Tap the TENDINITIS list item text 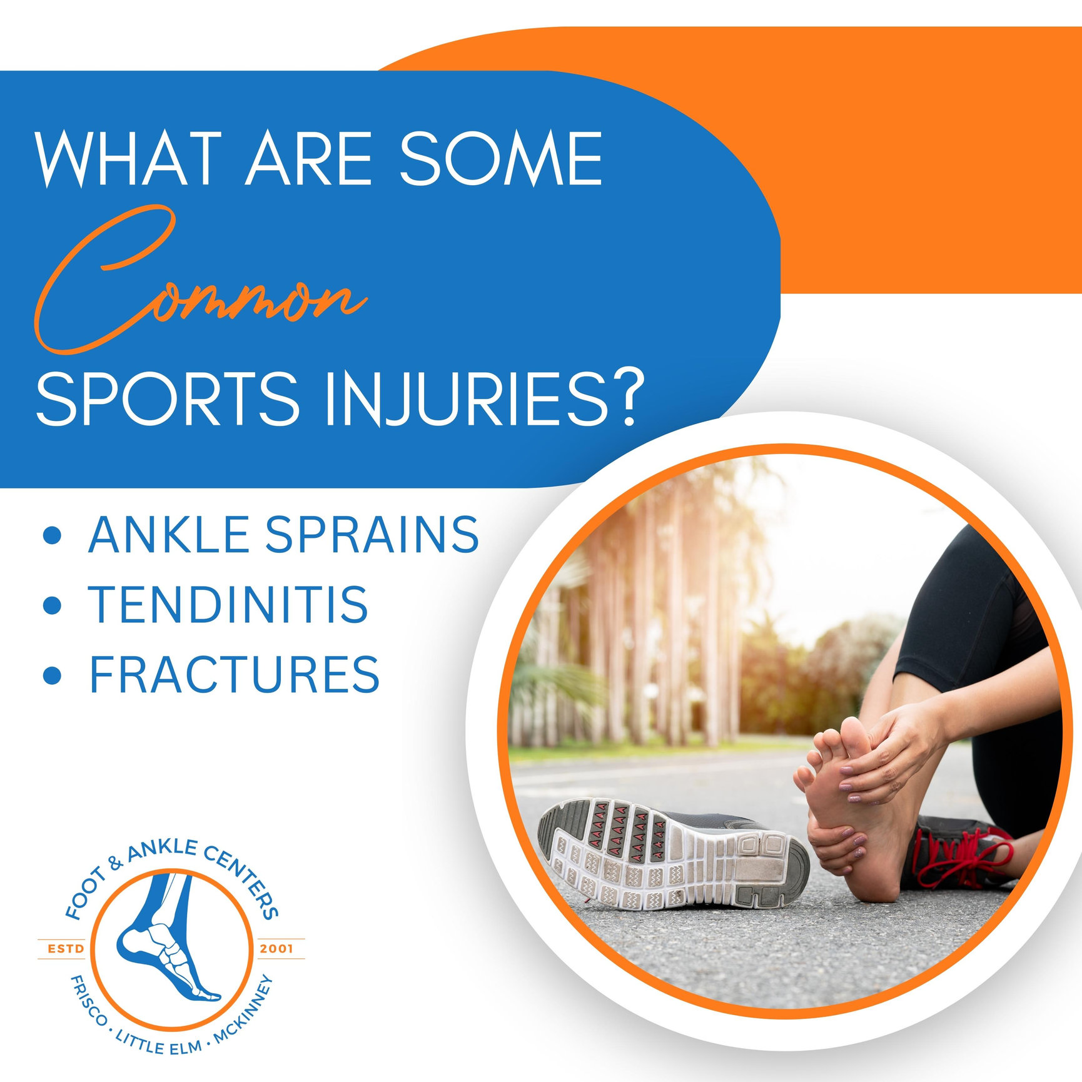point(228,605)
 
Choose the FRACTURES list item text point(235,674)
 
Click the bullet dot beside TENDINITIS point(53,605)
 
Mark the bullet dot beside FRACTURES point(53,675)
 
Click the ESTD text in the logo point(66,949)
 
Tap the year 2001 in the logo point(276,949)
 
